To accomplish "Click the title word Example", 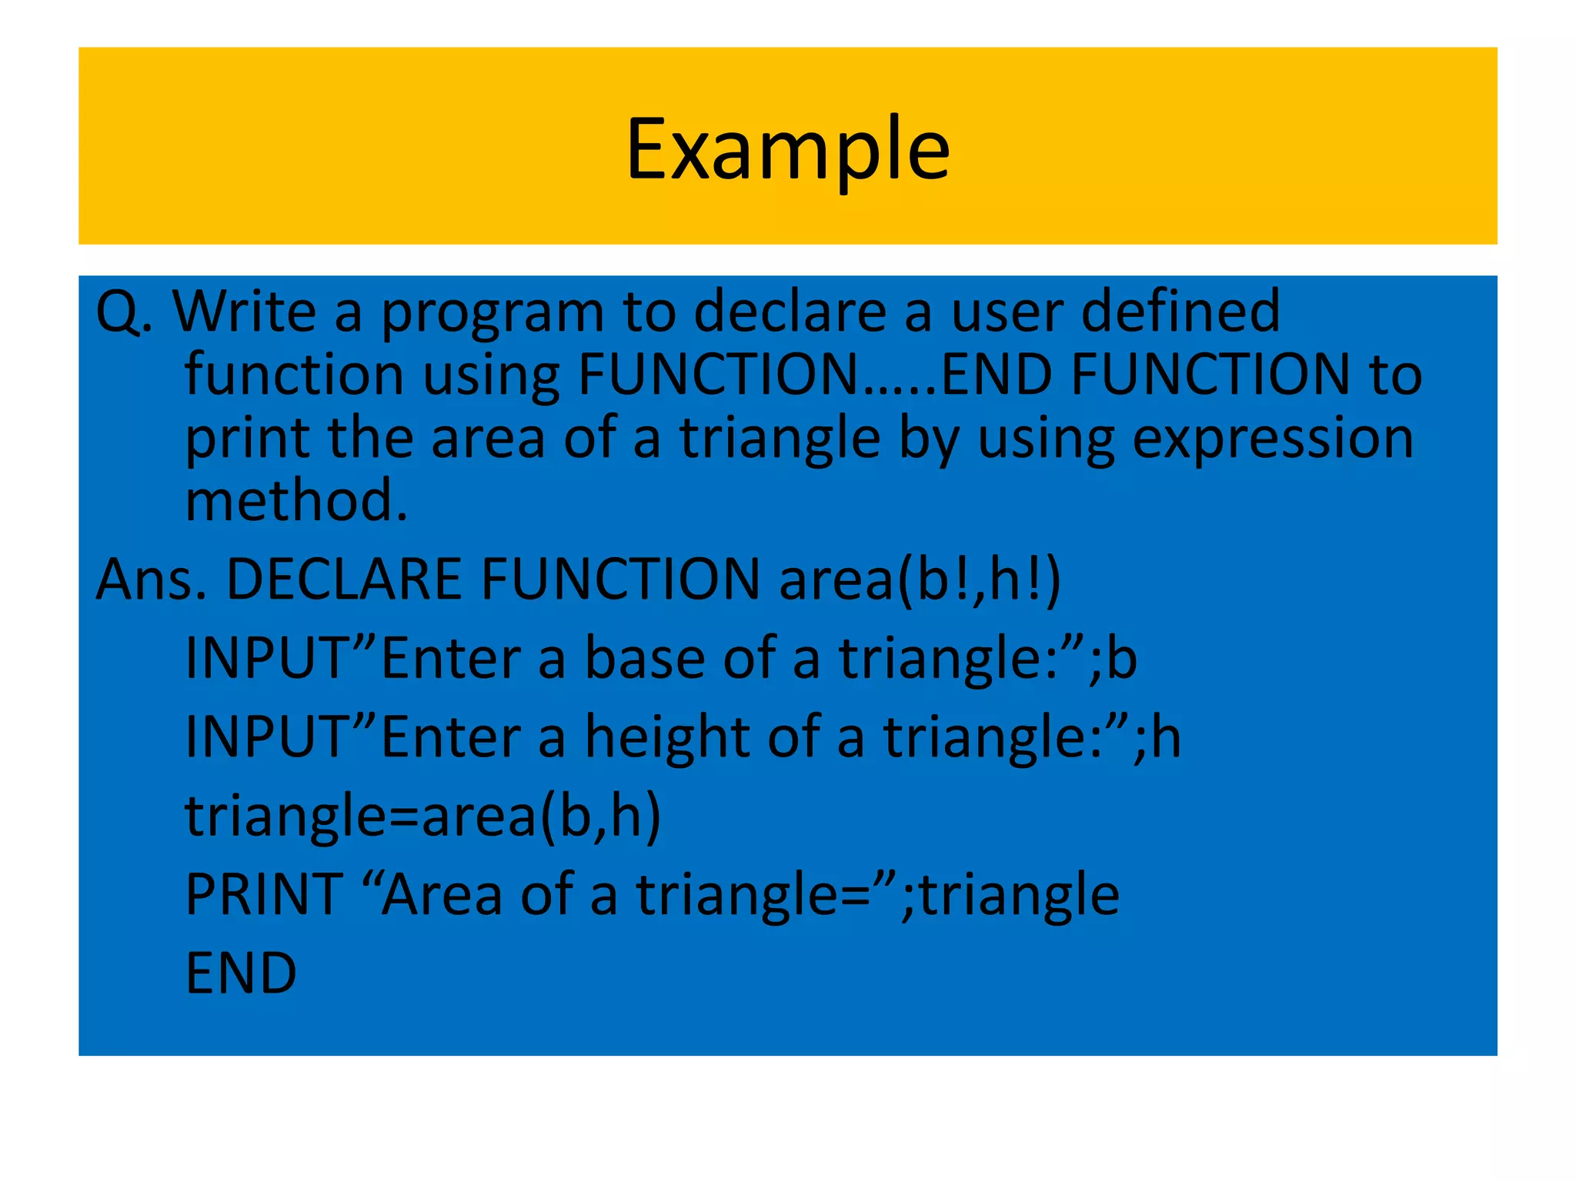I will click(787, 149).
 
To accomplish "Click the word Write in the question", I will click(244, 312).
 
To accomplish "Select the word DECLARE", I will click(343, 579).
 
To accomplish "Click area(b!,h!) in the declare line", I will click(920, 579).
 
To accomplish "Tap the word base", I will click(644, 659).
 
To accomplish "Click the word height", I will click(666, 737).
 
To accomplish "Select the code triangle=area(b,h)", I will click(422, 816).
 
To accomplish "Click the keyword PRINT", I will click(264, 895).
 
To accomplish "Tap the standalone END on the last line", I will click(241, 974).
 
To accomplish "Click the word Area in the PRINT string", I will click(442, 895).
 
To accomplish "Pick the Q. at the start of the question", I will click(123, 312).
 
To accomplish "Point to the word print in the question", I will click(247, 439).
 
